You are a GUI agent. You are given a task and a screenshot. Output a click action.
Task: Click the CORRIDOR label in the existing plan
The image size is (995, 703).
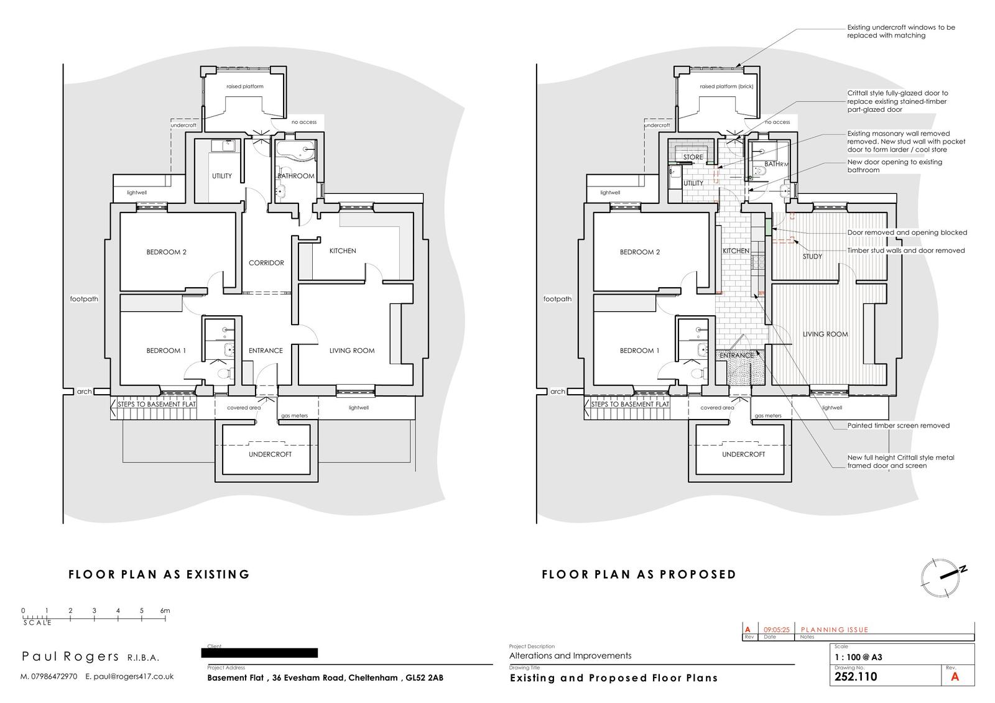point(266,263)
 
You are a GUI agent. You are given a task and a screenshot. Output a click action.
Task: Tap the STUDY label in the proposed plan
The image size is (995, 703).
point(812,256)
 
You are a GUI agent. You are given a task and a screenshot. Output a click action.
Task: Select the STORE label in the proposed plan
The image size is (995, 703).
point(693,157)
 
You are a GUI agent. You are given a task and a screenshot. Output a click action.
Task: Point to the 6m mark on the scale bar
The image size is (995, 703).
point(165,611)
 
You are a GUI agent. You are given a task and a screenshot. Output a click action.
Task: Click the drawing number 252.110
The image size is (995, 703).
point(856,677)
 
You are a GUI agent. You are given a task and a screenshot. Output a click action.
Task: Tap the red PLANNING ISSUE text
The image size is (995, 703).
point(835,630)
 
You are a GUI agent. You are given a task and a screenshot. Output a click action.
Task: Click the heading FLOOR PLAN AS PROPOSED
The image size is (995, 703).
point(639,574)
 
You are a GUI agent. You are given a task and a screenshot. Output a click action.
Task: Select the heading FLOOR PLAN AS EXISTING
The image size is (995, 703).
point(159,574)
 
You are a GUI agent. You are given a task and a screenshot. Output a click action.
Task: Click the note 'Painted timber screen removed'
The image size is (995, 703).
point(898,426)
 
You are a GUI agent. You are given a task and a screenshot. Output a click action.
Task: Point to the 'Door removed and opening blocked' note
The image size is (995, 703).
point(907,232)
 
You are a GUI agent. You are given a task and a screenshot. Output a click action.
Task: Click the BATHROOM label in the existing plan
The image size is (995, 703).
point(296,176)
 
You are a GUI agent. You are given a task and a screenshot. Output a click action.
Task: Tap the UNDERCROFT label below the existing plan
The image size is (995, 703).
point(270,454)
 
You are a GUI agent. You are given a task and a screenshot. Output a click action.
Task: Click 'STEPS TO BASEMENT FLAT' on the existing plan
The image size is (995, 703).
point(157,405)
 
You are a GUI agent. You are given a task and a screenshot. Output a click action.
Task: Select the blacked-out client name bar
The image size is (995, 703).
point(259,653)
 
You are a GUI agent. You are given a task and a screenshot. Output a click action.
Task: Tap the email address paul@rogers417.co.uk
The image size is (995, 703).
point(133,676)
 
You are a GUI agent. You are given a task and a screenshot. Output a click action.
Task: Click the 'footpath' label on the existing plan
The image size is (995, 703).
point(84,299)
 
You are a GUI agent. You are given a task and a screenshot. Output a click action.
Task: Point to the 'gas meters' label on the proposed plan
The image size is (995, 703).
point(768,416)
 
